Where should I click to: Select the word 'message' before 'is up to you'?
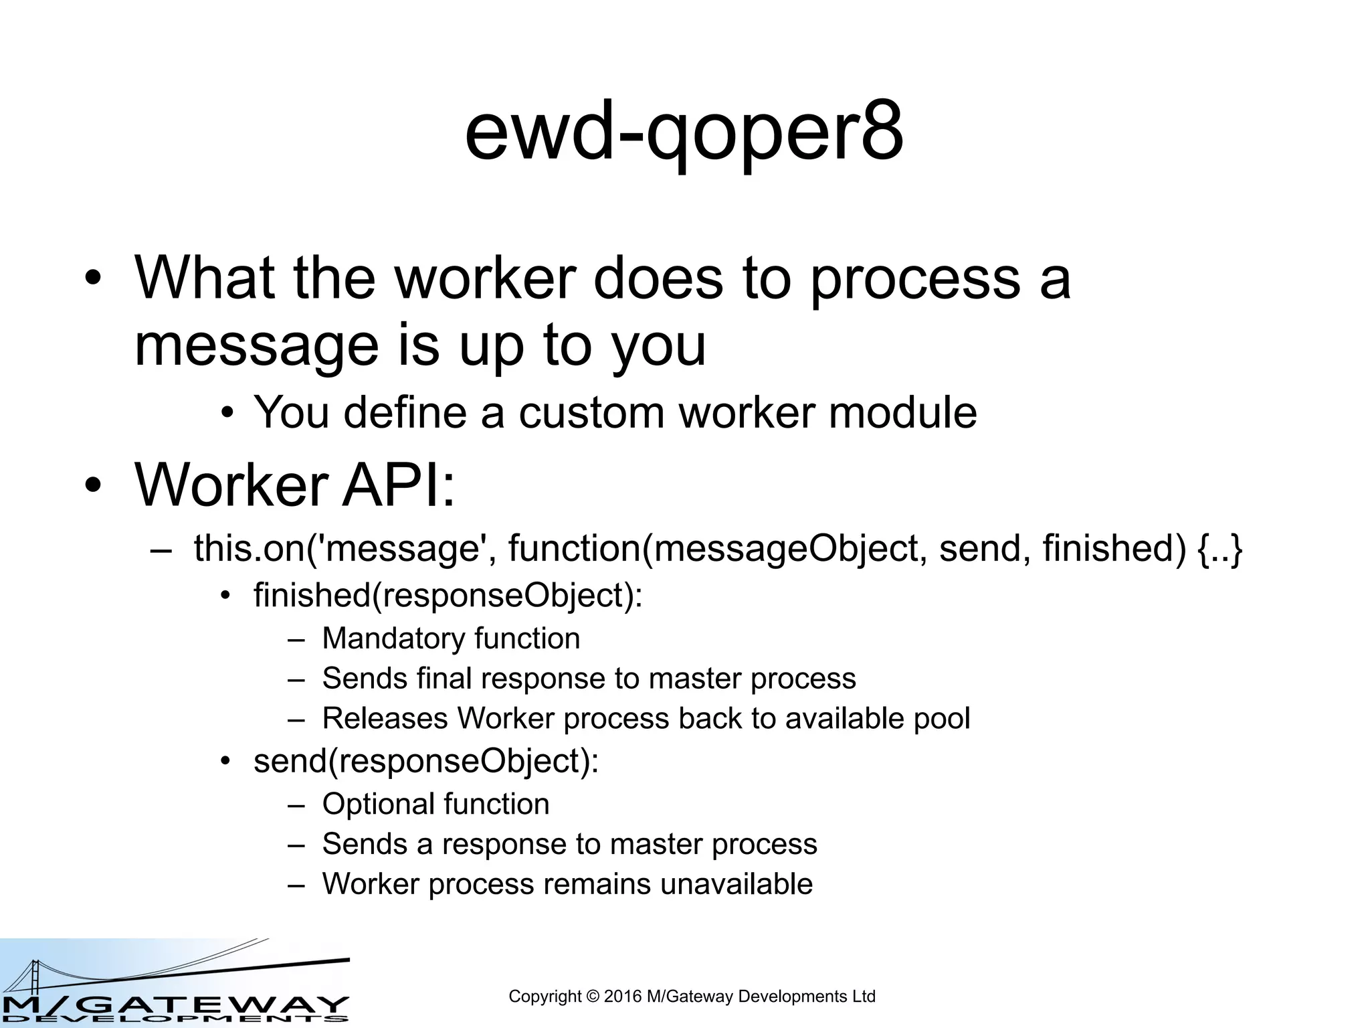coord(256,346)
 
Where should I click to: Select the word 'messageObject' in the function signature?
coord(790,549)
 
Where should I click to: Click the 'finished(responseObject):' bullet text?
coord(448,596)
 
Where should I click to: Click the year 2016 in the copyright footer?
coord(623,997)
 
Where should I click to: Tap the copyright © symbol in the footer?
coord(593,997)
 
